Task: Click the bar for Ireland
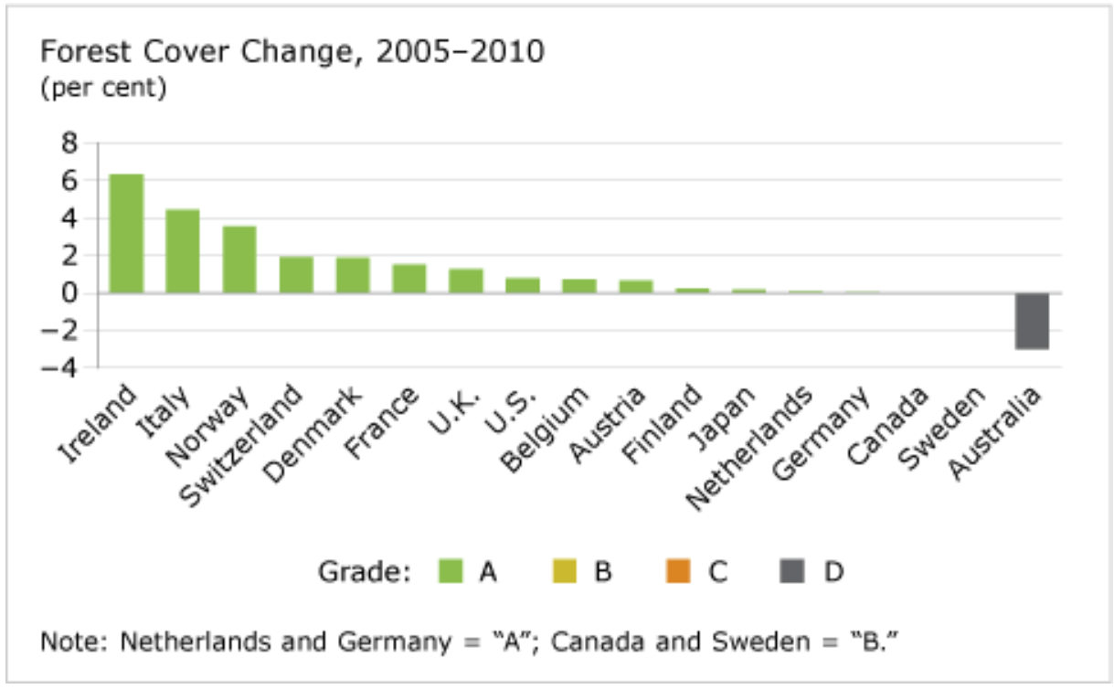pyautogui.click(x=126, y=234)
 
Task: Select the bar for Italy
pyautogui.click(x=183, y=251)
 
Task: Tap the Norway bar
pyautogui.click(x=239, y=260)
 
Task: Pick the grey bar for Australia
pyautogui.click(x=1032, y=321)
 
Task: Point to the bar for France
pyautogui.click(x=409, y=279)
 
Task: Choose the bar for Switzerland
pyautogui.click(x=296, y=275)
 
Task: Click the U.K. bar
pyautogui.click(x=466, y=281)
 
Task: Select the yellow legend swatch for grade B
pyautogui.click(x=565, y=572)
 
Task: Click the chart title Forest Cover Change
pyautogui.click(x=292, y=53)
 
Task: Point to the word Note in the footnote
pyautogui.click(x=66, y=641)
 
